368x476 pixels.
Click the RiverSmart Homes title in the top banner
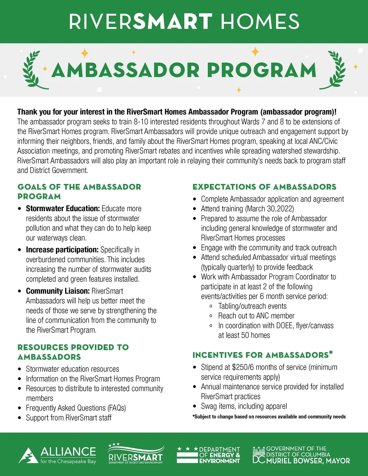click(x=184, y=21)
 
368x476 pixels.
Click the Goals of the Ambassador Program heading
click(x=79, y=191)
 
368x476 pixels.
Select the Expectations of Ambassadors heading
click(x=264, y=187)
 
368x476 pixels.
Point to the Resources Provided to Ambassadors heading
click(x=73, y=352)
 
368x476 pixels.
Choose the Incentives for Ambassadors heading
click(x=262, y=355)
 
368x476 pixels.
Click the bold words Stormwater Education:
click(x=63, y=209)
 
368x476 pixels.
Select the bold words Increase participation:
click(x=62, y=250)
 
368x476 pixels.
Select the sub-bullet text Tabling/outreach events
click(x=252, y=306)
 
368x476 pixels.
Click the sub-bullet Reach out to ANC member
click(x=256, y=316)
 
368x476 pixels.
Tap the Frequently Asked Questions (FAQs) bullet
click(x=76, y=408)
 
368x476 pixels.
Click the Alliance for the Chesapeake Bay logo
click(x=57, y=455)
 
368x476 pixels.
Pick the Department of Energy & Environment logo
click(x=208, y=455)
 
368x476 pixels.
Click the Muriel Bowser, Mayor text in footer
click(x=308, y=461)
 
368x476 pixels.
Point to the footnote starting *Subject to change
click(x=269, y=416)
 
